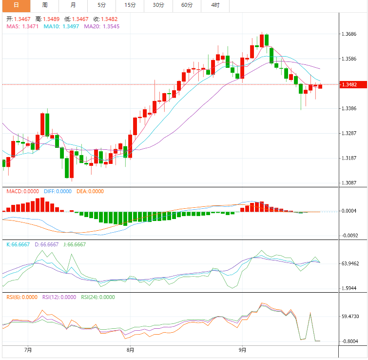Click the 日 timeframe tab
pyautogui.click(x=16, y=5)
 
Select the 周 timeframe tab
pyautogui.click(x=44, y=5)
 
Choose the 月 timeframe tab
pyautogui.click(x=73, y=5)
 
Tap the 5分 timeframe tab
pyautogui.click(x=101, y=5)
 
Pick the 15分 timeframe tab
pyautogui.click(x=130, y=5)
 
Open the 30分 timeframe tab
pyautogui.click(x=158, y=5)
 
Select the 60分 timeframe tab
pyautogui.click(x=187, y=5)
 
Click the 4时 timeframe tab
pyautogui.click(x=215, y=5)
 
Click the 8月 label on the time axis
pyautogui.click(x=130, y=350)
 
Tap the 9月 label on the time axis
pyautogui.click(x=242, y=350)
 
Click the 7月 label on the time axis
pyautogui.click(x=28, y=350)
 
